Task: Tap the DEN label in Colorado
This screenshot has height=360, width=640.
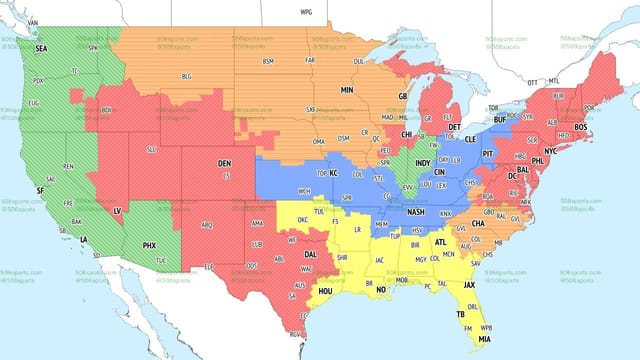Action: click(x=224, y=163)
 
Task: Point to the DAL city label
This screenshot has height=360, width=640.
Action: click(x=311, y=254)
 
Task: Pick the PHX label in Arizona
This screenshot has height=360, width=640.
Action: click(x=150, y=245)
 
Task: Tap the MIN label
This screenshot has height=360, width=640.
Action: click(x=347, y=89)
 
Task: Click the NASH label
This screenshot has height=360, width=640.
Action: click(x=416, y=212)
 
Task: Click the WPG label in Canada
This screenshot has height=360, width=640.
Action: click(x=306, y=11)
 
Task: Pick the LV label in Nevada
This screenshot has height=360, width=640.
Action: click(x=117, y=211)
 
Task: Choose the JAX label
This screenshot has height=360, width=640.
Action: click(x=469, y=285)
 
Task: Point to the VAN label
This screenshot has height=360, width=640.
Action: click(x=33, y=21)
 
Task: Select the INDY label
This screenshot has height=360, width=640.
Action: click(x=423, y=163)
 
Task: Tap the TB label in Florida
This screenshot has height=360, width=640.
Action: click(x=461, y=313)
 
